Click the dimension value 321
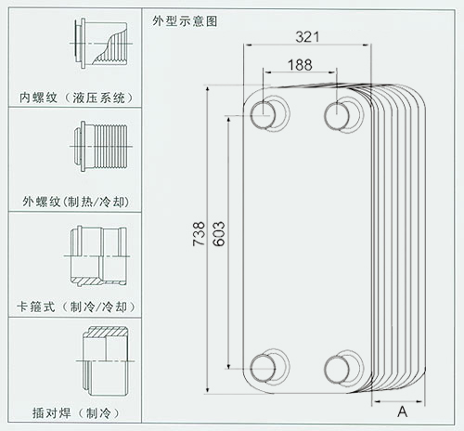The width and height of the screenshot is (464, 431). tap(307, 37)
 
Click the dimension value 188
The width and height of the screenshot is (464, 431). tap(300, 65)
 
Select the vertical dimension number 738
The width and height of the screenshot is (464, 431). tap(199, 234)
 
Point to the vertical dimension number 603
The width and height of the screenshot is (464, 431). tap(219, 234)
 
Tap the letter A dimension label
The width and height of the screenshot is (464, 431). tap(402, 411)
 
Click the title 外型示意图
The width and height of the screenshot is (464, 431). tap(185, 21)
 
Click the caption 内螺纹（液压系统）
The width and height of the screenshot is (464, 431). tap(76, 98)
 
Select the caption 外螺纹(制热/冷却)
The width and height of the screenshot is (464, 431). tap(76, 202)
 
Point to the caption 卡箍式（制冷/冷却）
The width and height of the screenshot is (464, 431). tap(76, 307)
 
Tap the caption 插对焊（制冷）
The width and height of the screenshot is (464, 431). tap(76, 412)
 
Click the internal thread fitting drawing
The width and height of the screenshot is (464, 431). tap(101, 44)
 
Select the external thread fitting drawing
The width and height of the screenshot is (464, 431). tap(101, 146)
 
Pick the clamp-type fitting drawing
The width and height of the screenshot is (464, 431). tap(97, 256)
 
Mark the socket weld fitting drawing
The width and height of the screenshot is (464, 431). tap(105, 361)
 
